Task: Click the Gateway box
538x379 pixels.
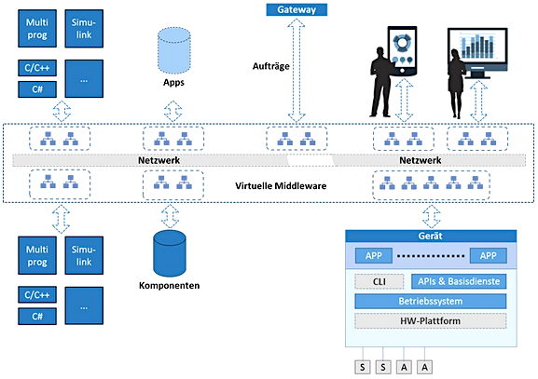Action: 297,9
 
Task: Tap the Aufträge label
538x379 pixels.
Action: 271,66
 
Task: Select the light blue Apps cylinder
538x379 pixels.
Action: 174,50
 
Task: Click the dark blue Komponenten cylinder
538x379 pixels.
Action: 170,253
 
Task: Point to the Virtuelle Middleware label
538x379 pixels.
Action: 281,185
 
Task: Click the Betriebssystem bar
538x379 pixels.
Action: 430,301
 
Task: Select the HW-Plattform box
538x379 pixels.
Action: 430,321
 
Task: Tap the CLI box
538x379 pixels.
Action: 379,281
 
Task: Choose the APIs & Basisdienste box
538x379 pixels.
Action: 459,281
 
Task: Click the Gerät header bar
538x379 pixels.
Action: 431,236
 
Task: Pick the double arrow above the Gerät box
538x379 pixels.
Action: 432,217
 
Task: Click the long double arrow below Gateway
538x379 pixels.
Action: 297,71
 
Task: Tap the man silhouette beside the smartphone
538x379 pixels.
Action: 381,82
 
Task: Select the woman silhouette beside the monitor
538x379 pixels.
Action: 457,84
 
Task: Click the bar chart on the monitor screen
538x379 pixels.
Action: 477,46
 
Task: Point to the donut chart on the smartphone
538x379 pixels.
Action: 402,42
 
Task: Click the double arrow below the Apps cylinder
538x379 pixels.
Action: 172,111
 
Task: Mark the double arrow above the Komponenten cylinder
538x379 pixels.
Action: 170,217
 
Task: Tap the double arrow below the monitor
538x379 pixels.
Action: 478,101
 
